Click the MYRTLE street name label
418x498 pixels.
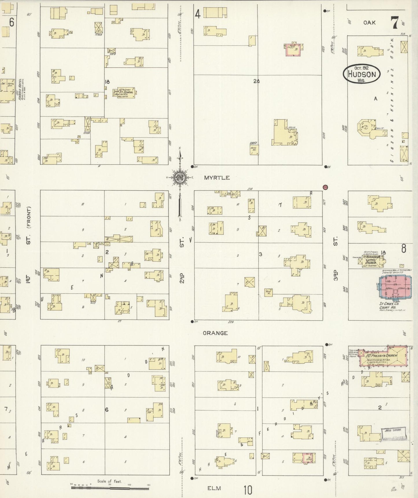point(217,178)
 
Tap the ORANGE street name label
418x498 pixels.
point(215,333)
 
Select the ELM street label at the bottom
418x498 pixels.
point(214,488)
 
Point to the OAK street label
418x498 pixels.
point(369,22)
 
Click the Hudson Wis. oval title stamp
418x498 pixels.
point(362,74)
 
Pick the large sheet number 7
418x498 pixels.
point(394,23)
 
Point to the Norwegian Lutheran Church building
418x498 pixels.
point(371,261)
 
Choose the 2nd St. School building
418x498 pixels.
point(124,93)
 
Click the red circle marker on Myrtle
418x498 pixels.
point(325,187)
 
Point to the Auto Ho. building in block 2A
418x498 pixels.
point(255,150)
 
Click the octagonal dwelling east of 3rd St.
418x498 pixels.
point(366,127)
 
